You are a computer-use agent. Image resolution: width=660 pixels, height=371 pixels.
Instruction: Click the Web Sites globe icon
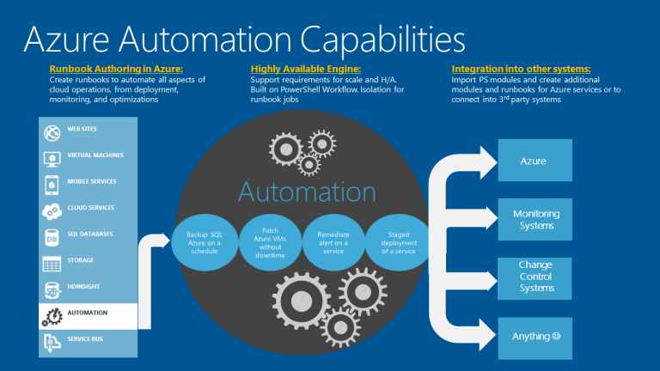click(x=52, y=133)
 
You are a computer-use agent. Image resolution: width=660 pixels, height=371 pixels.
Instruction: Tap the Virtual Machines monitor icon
click(x=52, y=160)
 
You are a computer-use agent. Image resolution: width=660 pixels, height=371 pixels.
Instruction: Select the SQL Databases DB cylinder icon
click(x=52, y=238)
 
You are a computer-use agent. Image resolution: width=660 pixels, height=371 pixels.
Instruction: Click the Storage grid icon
click(x=52, y=265)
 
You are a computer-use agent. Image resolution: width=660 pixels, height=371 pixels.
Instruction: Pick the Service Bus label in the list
click(x=85, y=339)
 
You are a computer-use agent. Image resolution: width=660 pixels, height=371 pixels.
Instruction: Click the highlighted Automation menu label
click(x=88, y=313)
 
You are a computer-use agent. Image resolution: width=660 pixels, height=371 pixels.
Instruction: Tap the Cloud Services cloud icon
click(x=52, y=211)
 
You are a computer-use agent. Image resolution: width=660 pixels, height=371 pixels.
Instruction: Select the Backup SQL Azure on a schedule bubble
click(x=205, y=243)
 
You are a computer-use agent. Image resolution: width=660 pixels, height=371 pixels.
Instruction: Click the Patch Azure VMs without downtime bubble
click(x=270, y=243)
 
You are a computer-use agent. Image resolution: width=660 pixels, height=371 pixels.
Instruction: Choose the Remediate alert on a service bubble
click(x=333, y=243)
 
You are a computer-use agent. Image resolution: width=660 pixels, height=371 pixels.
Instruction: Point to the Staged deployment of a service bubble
click(x=398, y=243)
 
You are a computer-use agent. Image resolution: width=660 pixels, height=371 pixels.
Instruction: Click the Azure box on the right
click(x=535, y=161)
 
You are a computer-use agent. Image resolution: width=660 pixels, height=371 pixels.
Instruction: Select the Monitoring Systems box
click(x=535, y=220)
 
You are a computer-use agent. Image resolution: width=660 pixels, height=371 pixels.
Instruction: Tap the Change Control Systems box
click(x=535, y=278)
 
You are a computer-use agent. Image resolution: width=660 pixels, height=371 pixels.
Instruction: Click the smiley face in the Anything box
click(x=557, y=336)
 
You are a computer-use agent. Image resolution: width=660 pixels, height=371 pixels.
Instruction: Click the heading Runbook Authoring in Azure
click(x=116, y=69)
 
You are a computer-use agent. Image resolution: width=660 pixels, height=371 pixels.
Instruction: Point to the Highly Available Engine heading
click(x=306, y=69)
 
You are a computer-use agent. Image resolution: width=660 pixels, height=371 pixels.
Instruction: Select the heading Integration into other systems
click(x=521, y=69)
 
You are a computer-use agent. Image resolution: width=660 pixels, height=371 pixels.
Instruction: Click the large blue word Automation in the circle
click(x=307, y=192)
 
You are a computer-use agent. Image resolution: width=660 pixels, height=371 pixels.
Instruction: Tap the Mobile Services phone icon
click(x=52, y=185)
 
